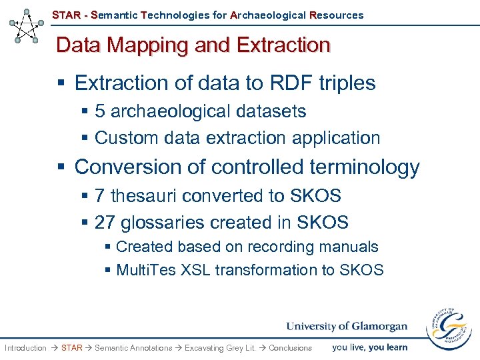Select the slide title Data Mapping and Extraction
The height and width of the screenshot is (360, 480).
[193, 45]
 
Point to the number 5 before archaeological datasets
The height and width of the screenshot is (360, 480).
[100, 111]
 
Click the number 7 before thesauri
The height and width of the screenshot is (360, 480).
[100, 196]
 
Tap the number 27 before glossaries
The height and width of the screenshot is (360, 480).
[105, 222]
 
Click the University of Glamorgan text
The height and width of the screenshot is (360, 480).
[347, 326]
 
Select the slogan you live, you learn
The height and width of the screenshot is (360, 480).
[369, 347]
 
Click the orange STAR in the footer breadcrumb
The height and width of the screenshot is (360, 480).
[71, 348]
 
